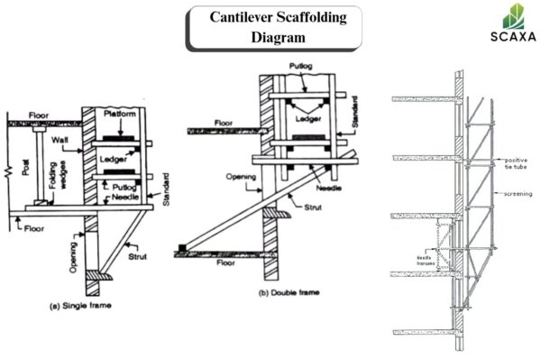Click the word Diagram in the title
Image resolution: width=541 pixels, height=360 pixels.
tap(279, 38)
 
